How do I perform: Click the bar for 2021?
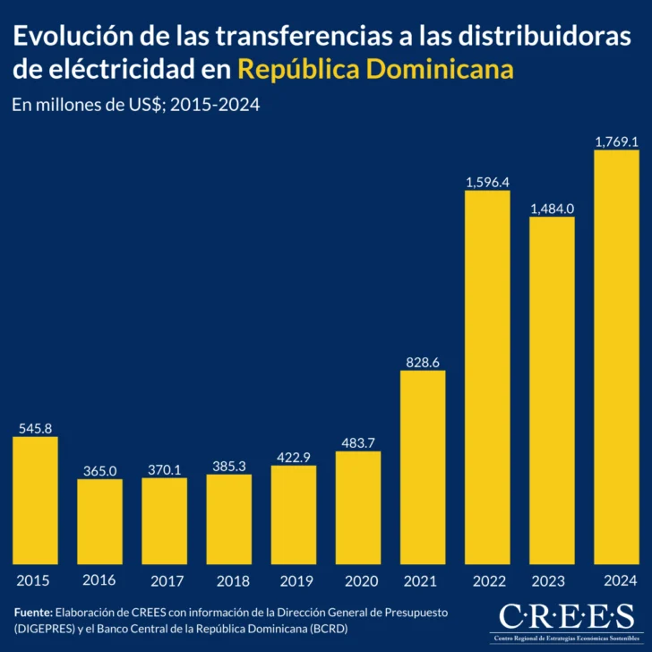(x=423, y=467)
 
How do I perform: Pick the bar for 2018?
(x=228, y=519)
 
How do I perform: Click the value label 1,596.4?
(x=487, y=182)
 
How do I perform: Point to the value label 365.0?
(x=99, y=470)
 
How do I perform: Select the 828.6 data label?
(x=423, y=362)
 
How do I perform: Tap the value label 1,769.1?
(x=616, y=142)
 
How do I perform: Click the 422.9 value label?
(x=294, y=457)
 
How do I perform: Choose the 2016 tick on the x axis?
(x=99, y=580)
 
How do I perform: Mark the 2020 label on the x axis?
(x=358, y=580)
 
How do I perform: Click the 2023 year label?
(x=552, y=580)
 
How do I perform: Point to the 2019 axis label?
(x=294, y=580)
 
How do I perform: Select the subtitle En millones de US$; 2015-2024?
(x=136, y=105)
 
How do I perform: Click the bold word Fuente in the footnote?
(x=33, y=611)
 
